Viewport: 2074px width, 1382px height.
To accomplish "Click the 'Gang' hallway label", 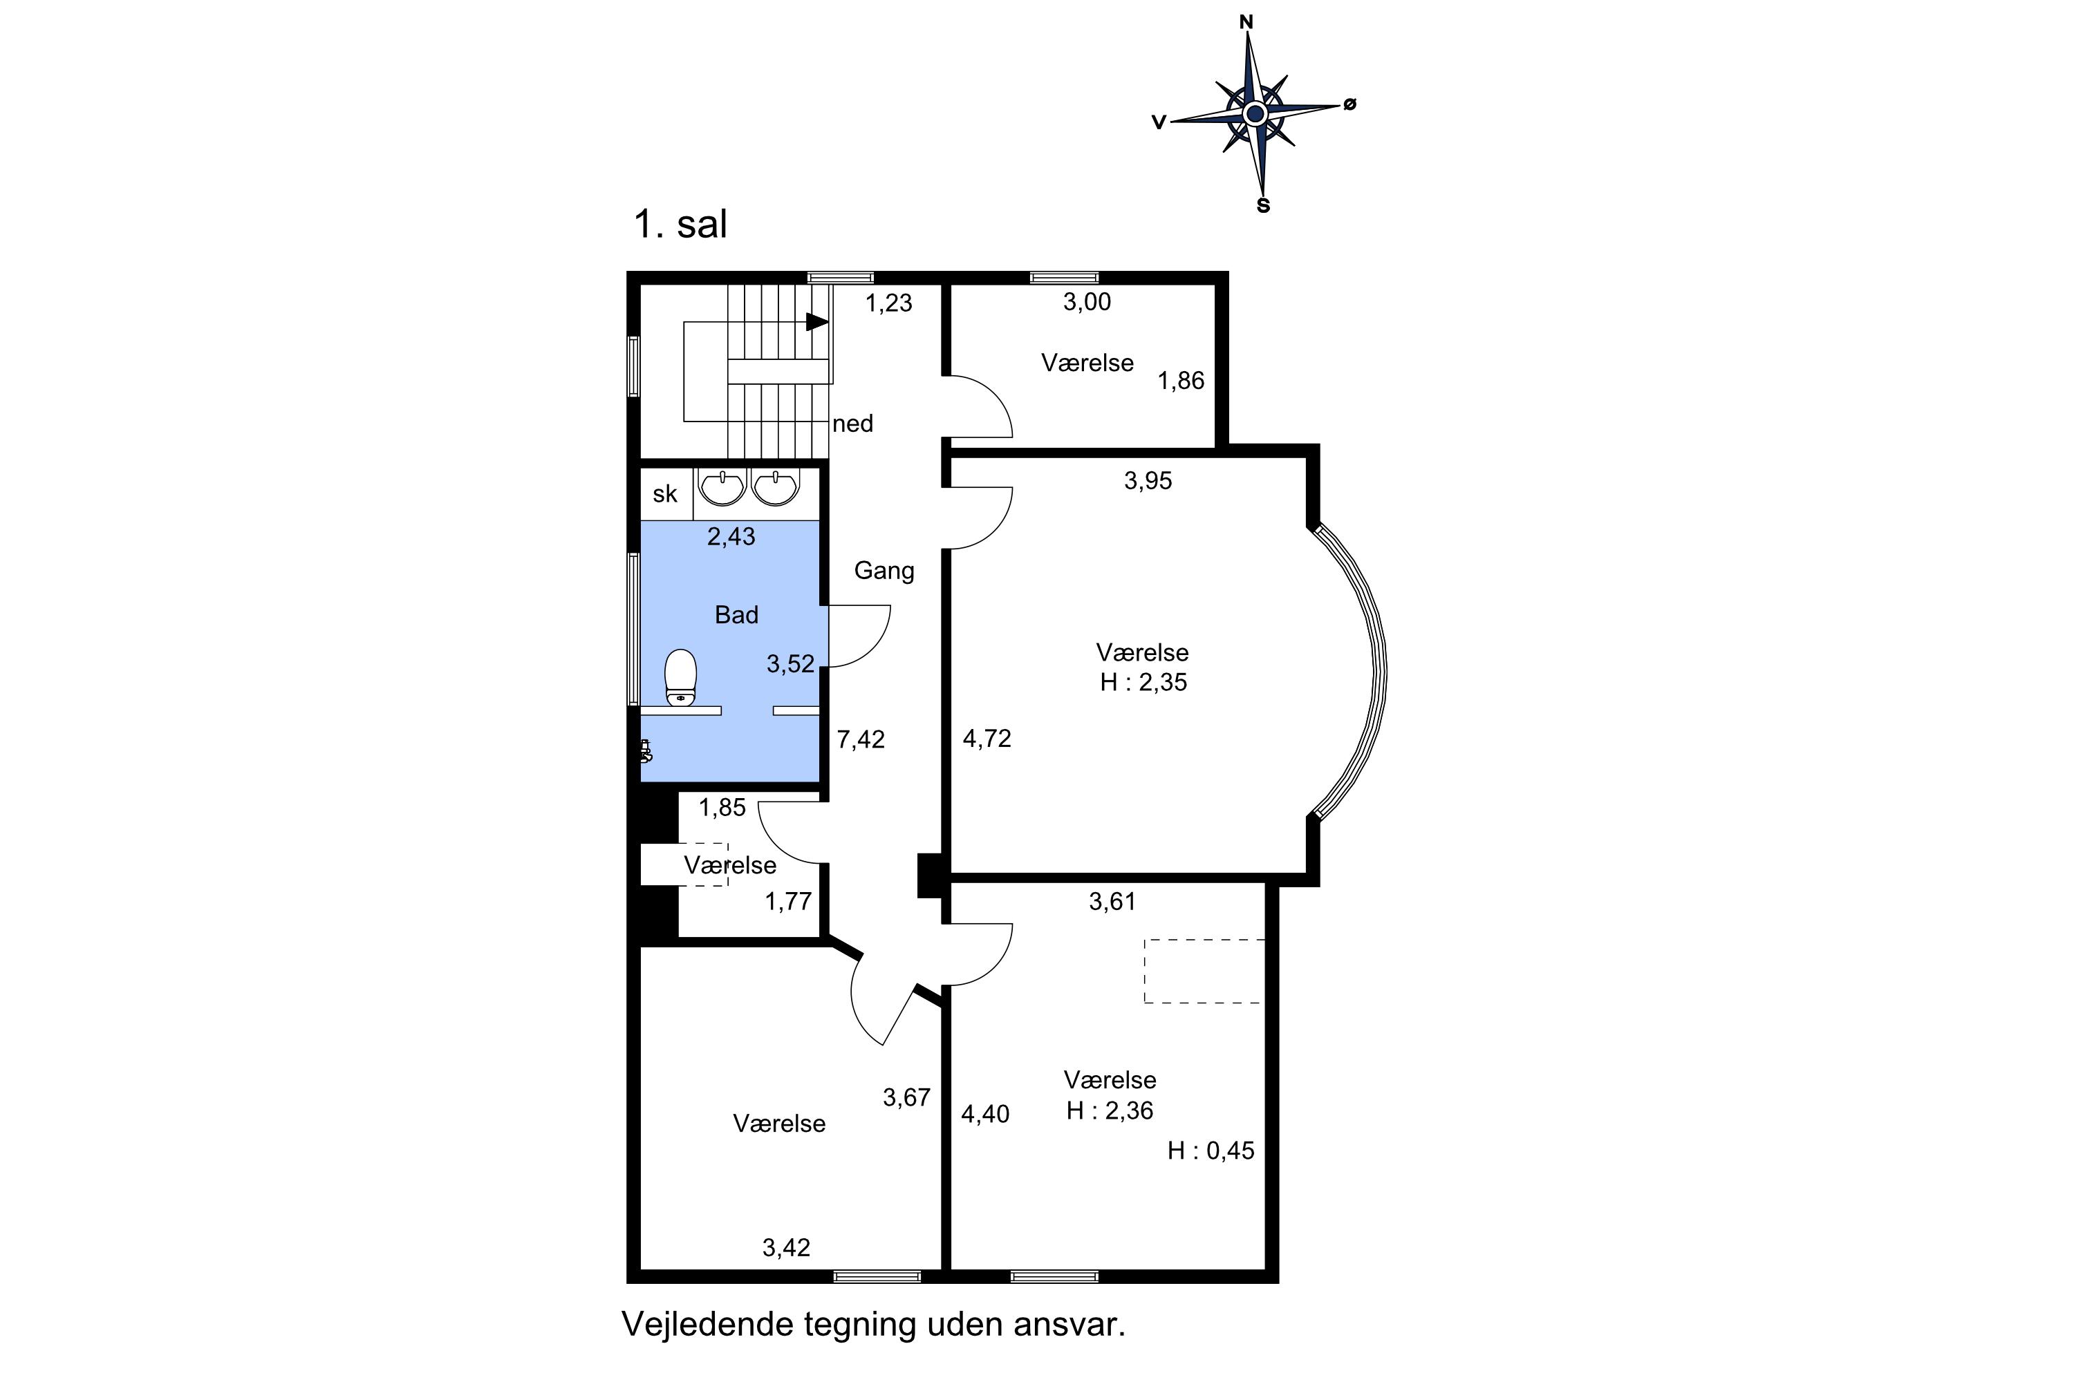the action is coord(884,571).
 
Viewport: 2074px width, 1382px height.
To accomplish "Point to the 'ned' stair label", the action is coord(852,424).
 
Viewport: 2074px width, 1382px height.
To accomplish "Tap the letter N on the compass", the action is coord(1247,23).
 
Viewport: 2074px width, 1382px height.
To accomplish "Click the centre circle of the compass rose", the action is coord(1255,114).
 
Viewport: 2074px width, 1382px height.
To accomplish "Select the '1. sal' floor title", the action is coord(680,224).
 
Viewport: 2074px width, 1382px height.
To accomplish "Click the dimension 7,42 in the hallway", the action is coord(861,739).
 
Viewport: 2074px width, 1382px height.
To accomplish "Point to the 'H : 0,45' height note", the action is coord(1211,1151).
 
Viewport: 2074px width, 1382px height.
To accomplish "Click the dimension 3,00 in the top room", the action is coord(1087,303).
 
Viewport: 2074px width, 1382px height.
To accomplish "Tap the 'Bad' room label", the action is coord(736,615).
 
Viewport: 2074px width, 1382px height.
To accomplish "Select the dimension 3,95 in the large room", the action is coord(1148,481).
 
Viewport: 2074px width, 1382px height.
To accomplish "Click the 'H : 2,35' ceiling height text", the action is coord(1143,683).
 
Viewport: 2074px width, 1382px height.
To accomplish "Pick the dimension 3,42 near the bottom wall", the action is coord(787,1248).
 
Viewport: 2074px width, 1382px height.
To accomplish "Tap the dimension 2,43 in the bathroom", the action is coord(731,537).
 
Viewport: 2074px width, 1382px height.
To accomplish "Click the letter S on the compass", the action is coord(1264,206).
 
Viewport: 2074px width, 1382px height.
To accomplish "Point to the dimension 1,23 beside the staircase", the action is coord(889,303).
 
